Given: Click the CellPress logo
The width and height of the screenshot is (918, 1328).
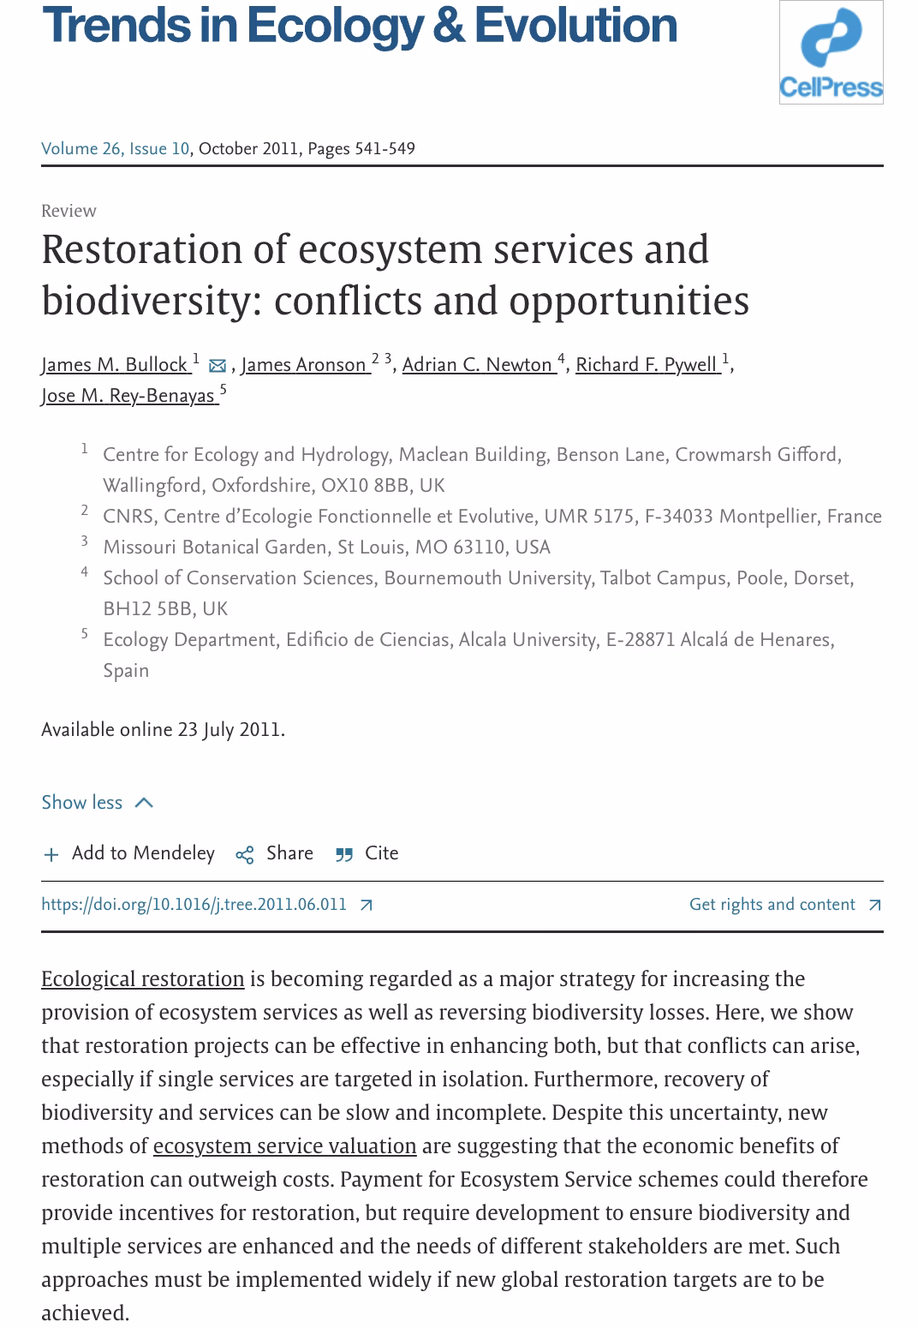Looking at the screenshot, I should tap(831, 52).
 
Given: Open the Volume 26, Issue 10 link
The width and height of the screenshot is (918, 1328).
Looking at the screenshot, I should tap(115, 149).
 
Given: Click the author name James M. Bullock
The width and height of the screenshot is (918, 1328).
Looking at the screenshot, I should tap(114, 365).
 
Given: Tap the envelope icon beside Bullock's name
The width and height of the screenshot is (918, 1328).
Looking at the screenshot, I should tap(218, 366).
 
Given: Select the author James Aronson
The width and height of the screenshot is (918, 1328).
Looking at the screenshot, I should tap(304, 365).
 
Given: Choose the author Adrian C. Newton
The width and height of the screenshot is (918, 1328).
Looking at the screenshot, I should tap(477, 365).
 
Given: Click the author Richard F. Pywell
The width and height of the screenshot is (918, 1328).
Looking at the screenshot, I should tap(646, 365).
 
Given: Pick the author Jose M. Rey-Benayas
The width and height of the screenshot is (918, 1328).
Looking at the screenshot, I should tap(127, 396).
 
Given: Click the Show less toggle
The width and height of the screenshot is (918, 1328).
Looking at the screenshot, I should tap(97, 803).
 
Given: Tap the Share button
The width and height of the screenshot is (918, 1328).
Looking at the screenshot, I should tap(275, 853).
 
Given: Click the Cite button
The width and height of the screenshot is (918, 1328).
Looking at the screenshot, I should tap(367, 853).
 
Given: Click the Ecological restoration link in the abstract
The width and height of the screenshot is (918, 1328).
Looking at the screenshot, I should tap(142, 979).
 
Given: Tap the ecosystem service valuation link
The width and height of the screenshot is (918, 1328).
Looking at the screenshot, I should tap(284, 1146).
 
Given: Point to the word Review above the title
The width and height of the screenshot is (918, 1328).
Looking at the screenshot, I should tap(69, 211).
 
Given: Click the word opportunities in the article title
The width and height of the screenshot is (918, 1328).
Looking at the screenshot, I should tap(629, 301).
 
